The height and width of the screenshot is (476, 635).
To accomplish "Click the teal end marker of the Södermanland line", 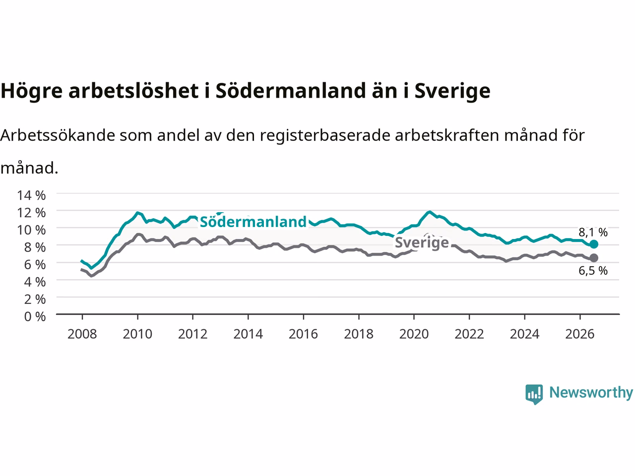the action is (x=594, y=244).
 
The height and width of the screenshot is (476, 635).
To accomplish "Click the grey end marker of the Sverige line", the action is (x=594, y=258).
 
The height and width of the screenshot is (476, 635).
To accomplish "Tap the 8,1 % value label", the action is (x=593, y=232).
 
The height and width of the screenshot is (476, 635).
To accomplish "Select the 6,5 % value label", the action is (x=593, y=271).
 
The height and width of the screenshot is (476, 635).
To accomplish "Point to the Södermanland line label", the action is (x=253, y=222).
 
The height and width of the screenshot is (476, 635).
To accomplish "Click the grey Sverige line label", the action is (x=422, y=242).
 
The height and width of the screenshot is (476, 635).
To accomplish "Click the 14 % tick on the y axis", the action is (x=31, y=195).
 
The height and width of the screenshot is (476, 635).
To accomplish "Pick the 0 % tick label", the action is (x=35, y=316).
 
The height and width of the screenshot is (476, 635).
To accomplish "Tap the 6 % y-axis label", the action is (x=35, y=264).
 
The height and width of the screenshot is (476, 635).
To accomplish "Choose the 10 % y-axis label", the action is (x=31, y=230).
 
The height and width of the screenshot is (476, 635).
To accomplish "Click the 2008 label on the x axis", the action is (x=82, y=334).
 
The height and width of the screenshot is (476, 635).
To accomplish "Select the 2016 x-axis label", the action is (x=303, y=334).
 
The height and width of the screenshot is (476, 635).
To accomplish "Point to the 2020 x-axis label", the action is (x=414, y=334).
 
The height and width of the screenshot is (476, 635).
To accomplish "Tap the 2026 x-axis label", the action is (x=580, y=334).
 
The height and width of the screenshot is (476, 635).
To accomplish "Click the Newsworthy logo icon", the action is (x=534, y=394).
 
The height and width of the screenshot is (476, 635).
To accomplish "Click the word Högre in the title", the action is (x=32, y=92).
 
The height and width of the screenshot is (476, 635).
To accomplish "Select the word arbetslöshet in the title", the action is (x=133, y=91).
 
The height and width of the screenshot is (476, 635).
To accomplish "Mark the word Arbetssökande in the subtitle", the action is (x=58, y=135).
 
